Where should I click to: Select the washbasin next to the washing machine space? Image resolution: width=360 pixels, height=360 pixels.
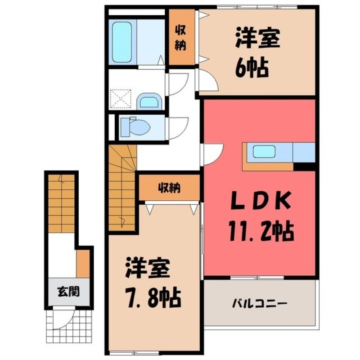pyautogui.click(x=149, y=101)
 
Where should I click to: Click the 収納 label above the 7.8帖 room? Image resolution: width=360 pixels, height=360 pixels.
pyautogui.click(x=169, y=188)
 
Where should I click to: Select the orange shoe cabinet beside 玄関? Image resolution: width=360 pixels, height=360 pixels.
pyautogui.click(x=83, y=263)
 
